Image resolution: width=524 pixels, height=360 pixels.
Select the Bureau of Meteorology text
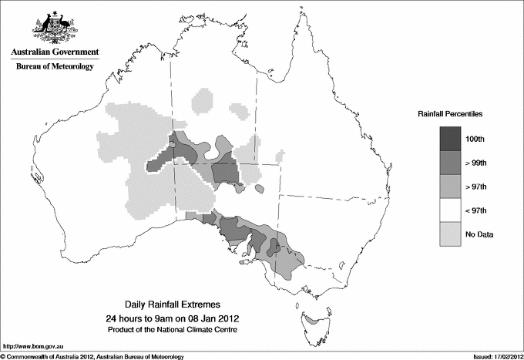[x=55, y=67]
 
